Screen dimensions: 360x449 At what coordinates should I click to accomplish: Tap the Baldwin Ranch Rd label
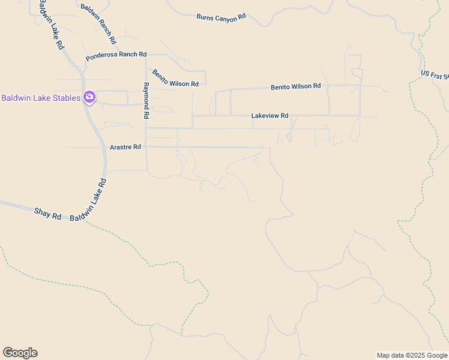point(98,25)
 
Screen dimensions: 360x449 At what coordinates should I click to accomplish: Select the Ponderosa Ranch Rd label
point(116,56)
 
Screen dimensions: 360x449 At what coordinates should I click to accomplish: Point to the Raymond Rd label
point(146,100)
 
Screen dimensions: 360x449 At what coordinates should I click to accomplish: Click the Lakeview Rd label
point(270,116)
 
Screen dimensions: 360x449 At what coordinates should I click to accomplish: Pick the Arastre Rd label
point(125,147)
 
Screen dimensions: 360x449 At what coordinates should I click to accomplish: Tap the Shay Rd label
point(48,212)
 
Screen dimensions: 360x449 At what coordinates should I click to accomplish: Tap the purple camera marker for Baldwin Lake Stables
point(89,97)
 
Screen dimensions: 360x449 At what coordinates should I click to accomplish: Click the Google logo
point(20,353)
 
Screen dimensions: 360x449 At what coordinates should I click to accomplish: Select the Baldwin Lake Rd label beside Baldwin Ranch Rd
point(50,25)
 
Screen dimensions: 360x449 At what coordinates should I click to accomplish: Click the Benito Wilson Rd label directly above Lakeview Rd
point(295,86)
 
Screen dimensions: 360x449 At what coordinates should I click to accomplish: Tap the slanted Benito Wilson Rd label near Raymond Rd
point(175,79)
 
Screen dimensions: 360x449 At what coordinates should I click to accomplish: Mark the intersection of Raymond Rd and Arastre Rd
point(146,147)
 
